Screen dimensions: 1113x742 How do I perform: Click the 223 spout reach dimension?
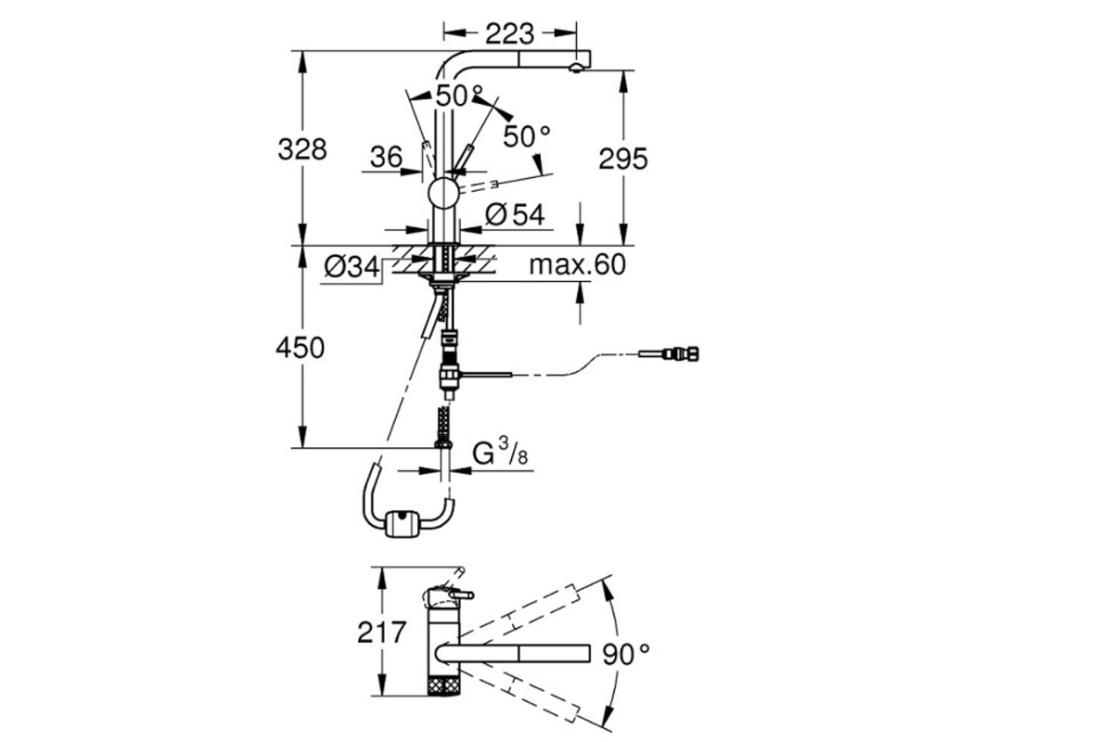coord(509,34)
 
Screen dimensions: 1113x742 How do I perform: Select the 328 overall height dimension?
coord(302,149)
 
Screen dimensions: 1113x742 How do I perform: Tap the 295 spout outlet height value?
coord(623,159)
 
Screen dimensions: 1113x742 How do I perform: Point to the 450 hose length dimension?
coord(301,348)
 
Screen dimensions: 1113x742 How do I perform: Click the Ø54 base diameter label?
coord(516,214)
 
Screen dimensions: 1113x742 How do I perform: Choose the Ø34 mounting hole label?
coord(352,267)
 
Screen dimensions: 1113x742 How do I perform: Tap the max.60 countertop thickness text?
coord(577,265)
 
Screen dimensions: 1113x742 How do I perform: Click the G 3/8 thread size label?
coord(500,454)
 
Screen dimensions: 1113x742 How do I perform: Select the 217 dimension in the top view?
coord(381,633)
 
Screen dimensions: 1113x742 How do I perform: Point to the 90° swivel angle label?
coord(625,654)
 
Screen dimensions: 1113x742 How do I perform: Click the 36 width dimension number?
coord(386,157)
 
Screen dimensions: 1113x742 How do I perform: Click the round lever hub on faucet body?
coord(443,192)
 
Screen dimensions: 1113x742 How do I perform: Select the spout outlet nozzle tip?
coord(575,69)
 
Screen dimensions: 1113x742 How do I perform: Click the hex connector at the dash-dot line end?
coord(682,354)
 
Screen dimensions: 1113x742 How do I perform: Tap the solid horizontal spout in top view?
coord(513,653)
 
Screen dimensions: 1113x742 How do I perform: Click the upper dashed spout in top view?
coord(518,612)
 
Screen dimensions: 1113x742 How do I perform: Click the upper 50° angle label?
coord(459,96)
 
